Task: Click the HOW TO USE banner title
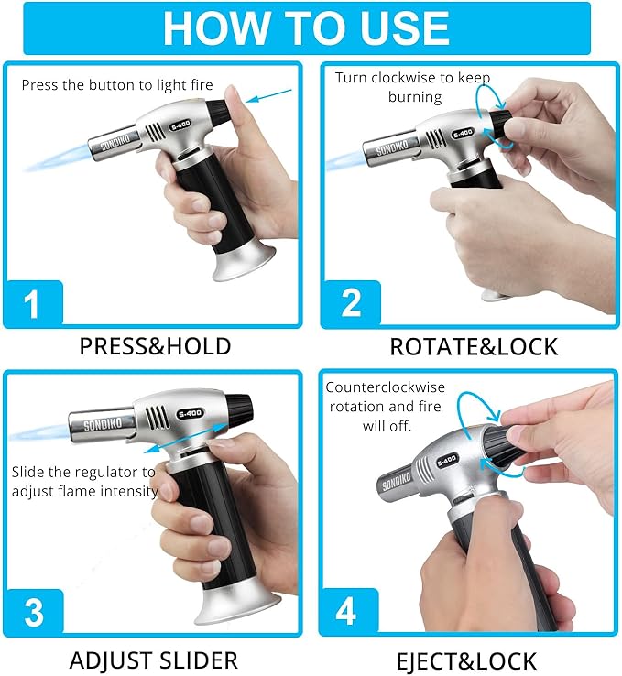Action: tap(307, 27)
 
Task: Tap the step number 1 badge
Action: tap(33, 302)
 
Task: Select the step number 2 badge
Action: tap(351, 302)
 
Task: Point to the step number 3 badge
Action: tap(34, 611)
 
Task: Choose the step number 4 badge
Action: tap(347, 610)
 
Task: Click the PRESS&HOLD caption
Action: tap(155, 346)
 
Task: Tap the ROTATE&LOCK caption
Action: tap(474, 346)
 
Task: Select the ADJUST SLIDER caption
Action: tap(154, 660)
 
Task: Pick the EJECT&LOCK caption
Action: tap(466, 660)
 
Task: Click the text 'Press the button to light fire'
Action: tap(117, 85)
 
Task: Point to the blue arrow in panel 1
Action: tap(268, 95)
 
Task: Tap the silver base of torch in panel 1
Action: tap(245, 264)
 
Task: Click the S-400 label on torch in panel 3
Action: tap(191, 413)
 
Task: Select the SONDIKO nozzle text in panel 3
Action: tap(103, 425)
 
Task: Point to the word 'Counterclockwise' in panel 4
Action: tap(386, 387)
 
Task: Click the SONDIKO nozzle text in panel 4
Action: tap(396, 483)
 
